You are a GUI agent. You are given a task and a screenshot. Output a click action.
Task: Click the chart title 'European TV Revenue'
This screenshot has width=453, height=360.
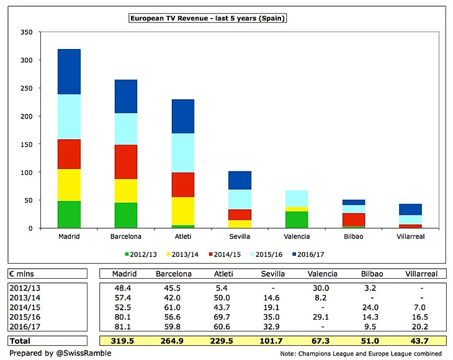click(x=207, y=19)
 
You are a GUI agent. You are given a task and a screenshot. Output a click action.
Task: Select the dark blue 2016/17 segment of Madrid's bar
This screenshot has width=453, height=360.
click(x=69, y=71)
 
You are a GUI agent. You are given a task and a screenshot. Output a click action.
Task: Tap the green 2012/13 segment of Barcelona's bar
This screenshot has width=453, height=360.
click(x=126, y=215)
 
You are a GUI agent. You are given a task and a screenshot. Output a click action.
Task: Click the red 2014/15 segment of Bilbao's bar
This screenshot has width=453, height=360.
click(x=354, y=220)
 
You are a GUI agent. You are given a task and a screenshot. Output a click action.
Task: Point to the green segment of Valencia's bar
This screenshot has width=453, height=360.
click(x=297, y=220)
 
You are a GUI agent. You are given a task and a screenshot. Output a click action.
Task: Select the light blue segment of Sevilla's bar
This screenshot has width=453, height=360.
click(x=240, y=199)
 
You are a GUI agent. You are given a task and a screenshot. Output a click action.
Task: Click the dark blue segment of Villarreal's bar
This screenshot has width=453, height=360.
click(x=411, y=209)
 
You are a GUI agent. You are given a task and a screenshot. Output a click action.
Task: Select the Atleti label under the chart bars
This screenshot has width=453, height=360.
click(x=183, y=236)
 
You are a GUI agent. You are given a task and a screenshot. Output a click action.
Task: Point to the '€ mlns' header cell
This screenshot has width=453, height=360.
click(x=24, y=274)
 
